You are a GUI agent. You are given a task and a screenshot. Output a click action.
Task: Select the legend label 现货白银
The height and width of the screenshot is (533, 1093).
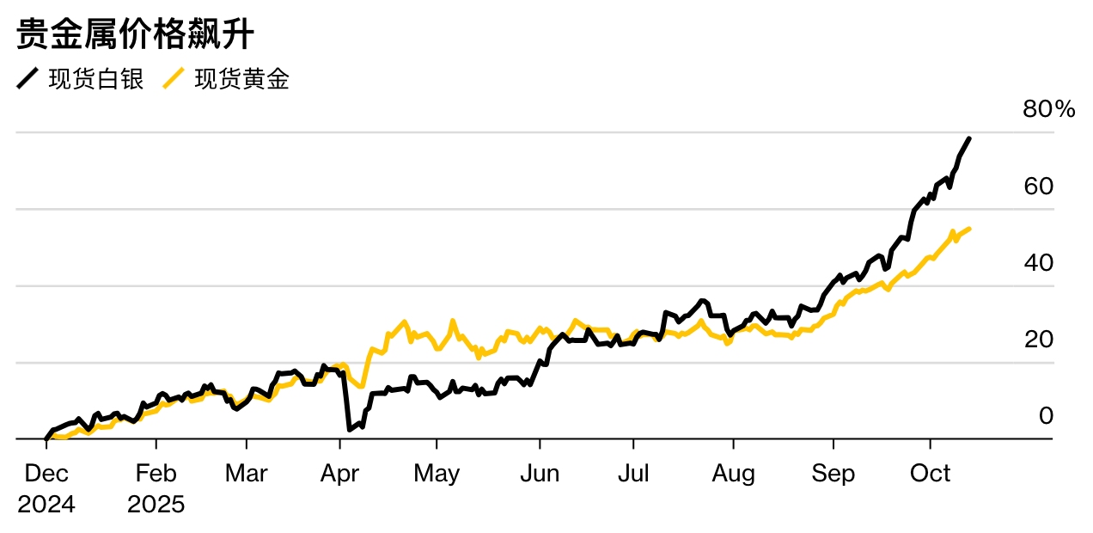(96, 80)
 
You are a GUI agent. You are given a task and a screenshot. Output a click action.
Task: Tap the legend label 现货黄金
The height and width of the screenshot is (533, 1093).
(241, 80)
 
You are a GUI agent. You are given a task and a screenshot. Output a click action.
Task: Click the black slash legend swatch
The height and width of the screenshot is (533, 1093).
(27, 80)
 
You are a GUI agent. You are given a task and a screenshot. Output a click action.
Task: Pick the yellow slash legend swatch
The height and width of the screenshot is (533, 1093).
(174, 80)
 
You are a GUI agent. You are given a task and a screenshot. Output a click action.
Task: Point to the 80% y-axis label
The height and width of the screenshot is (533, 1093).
(1048, 110)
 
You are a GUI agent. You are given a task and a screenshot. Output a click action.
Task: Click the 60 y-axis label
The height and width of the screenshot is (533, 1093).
(1039, 187)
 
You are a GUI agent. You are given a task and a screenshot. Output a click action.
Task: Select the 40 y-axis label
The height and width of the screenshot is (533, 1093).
(1039, 263)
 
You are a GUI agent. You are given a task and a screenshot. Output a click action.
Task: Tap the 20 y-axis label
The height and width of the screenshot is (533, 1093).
(1039, 340)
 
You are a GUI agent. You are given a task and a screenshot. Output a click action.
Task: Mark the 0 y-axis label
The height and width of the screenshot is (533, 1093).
(1046, 416)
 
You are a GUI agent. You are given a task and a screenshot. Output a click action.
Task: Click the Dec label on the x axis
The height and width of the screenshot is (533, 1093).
(46, 474)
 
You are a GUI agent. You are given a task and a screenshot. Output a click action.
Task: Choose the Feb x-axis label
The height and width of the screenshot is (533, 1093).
(156, 474)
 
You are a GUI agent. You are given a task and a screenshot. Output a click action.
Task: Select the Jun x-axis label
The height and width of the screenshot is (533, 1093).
(540, 474)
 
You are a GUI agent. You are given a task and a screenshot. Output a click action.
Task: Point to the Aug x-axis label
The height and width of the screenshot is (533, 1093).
(733, 474)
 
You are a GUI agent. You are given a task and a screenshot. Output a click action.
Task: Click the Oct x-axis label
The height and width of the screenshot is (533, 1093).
(930, 474)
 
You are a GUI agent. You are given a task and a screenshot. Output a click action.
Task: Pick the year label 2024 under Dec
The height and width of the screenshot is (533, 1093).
(46, 504)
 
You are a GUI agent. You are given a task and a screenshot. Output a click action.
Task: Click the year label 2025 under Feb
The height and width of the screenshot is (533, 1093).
(156, 504)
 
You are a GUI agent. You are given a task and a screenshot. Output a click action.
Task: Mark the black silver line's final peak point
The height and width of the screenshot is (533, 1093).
(969, 138)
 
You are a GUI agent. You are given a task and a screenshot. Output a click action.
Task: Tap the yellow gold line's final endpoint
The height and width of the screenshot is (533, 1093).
(969, 229)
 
